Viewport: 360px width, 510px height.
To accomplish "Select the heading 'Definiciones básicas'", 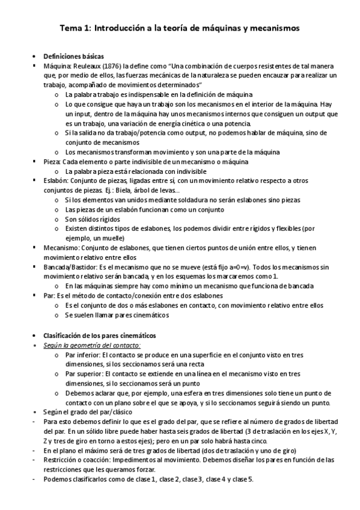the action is [x=75, y=55].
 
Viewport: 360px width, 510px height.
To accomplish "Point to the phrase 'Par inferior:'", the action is [x=84, y=355].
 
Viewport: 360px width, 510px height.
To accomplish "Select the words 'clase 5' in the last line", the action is [x=243, y=479].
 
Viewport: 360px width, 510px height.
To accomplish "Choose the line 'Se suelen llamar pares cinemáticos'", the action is [x=117, y=315].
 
